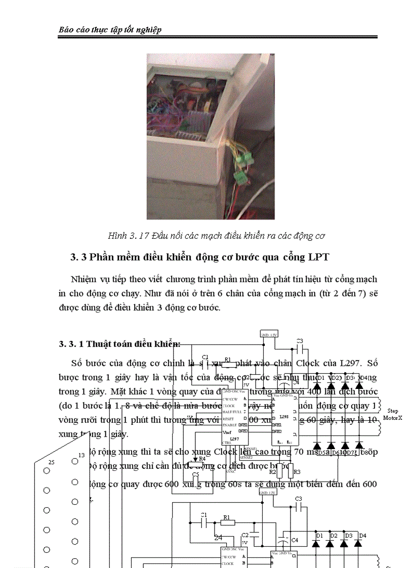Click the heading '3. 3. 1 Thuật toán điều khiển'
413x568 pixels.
tap(119, 344)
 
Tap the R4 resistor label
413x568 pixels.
tap(202, 459)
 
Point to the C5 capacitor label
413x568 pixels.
tap(195, 475)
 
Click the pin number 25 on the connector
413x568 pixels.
tap(51, 462)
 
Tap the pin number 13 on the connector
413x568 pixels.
tap(81, 455)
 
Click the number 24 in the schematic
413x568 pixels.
tap(219, 537)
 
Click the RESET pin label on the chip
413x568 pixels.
tap(228, 419)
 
